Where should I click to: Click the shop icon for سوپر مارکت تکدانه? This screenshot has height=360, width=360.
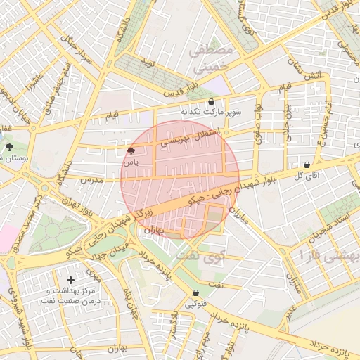tap(211, 102)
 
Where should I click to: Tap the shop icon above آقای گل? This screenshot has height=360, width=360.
tap(306, 165)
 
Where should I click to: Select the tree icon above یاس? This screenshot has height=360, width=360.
tap(131, 151)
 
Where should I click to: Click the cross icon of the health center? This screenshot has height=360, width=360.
tap(70, 280)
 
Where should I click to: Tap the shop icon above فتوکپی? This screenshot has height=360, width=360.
tap(195, 293)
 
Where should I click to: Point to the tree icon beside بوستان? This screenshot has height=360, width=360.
tap(9, 148)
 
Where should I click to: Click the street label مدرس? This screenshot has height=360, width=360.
tap(91, 180)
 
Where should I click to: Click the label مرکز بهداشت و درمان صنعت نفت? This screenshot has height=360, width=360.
tap(72, 295)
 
